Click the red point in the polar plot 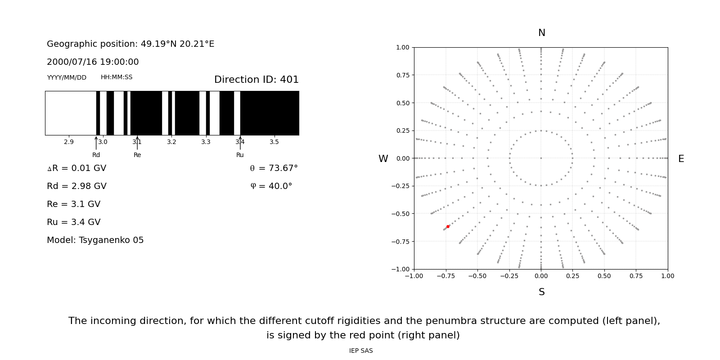coord(448,226)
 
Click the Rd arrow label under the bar coord(96,155)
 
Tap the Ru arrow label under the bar coord(240,155)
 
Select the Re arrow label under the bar coord(137,155)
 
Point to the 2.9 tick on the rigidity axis coord(69,142)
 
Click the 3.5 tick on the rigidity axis coord(274,142)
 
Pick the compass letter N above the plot coord(541,33)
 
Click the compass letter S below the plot coord(541,292)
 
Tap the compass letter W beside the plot coord(383,159)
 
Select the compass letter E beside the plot coord(681,159)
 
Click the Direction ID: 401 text coord(256,80)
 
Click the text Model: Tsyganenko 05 coord(95,240)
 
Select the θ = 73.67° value coord(274,168)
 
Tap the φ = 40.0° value coord(271,186)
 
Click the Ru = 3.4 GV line coord(74,222)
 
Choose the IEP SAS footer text coord(361,351)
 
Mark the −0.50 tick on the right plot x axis coord(477,276)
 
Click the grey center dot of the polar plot coord(541,158)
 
